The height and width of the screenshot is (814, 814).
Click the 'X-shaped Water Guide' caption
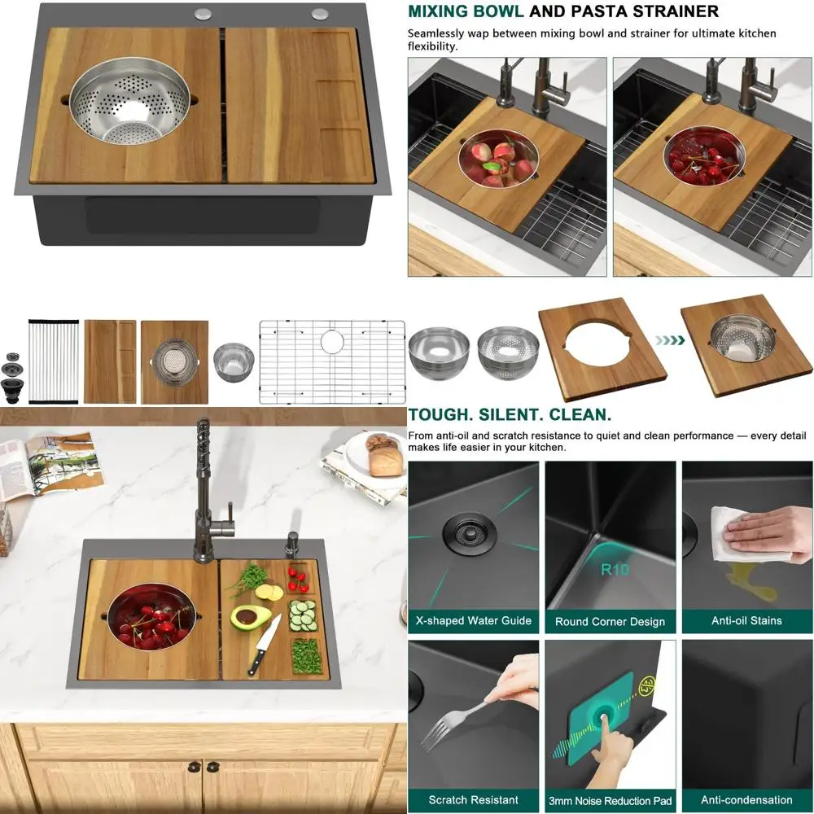(473, 620)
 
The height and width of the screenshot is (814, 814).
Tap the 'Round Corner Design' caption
(610, 621)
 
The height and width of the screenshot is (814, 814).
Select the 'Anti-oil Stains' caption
(746, 620)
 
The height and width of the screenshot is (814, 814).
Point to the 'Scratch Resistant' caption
(473, 799)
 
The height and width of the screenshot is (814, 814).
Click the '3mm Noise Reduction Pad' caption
(610, 799)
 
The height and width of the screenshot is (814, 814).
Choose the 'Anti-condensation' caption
(746, 799)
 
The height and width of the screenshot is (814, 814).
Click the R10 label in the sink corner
(615, 569)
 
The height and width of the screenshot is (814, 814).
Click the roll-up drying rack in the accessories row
(53, 362)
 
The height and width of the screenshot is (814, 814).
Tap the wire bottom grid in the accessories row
(332, 361)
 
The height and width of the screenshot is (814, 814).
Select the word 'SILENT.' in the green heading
(505, 415)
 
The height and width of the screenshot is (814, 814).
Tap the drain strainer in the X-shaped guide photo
(466, 533)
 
